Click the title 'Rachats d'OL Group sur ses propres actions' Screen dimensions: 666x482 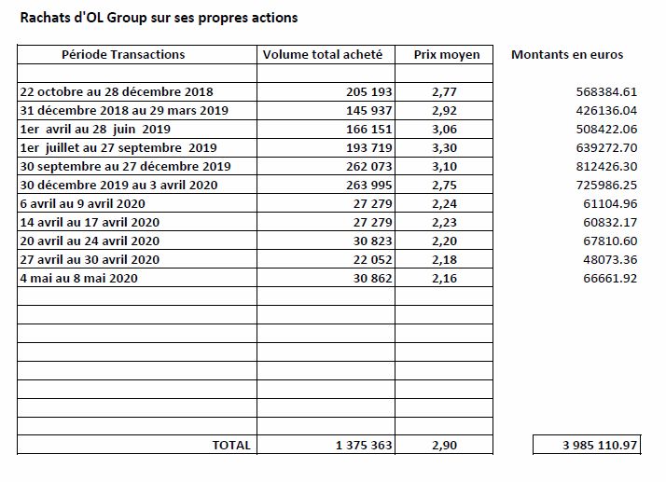click(159, 18)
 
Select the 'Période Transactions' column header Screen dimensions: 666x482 click(123, 54)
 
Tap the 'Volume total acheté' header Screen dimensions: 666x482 click(323, 54)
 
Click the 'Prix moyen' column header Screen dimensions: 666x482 click(447, 55)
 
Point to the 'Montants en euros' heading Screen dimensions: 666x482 click(567, 54)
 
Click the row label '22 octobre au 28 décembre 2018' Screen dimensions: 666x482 click(117, 91)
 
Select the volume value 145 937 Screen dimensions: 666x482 click(368, 110)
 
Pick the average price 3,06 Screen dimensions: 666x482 click(444, 130)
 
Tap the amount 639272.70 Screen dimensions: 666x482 click(606, 148)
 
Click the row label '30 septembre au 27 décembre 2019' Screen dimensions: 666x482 click(125, 167)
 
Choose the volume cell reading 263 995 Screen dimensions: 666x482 click(368, 186)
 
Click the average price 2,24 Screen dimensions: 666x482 click(444, 204)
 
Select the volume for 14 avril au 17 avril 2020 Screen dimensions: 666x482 click(372, 223)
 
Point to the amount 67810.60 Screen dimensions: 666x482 click(610, 241)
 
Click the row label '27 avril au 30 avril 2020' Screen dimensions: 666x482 click(90, 260)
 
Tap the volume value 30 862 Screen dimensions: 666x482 click(372, 279)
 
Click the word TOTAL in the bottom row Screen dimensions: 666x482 click(231, 445)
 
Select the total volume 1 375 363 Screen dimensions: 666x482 click(364, 445)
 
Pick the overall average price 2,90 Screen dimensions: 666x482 click(444, 446)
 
